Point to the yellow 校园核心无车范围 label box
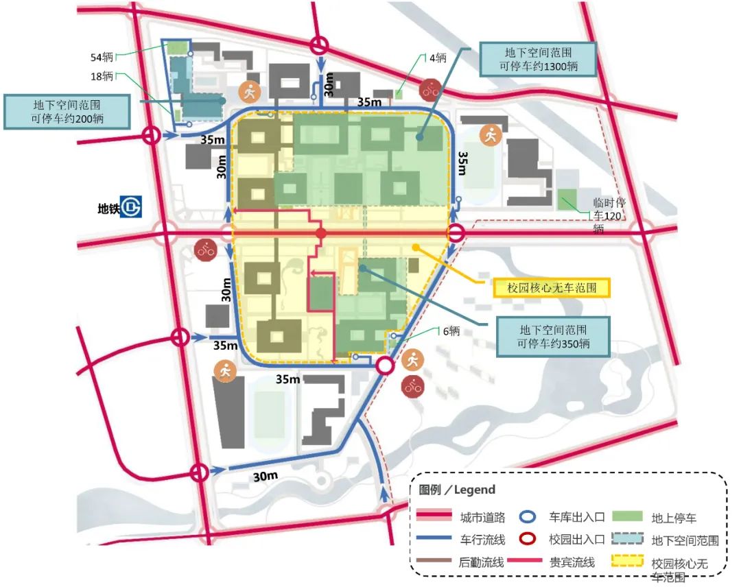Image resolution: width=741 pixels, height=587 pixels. (551, 287)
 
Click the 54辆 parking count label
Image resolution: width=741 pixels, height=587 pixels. (102, 57)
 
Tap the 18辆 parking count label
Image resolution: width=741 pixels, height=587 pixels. (102, 76)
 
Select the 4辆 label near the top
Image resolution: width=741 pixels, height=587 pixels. (438, 58)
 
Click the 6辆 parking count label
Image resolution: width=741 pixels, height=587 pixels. (450, 331)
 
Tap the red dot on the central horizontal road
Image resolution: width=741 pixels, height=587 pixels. (320, 235)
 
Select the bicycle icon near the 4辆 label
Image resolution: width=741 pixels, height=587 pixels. (431, 88)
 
